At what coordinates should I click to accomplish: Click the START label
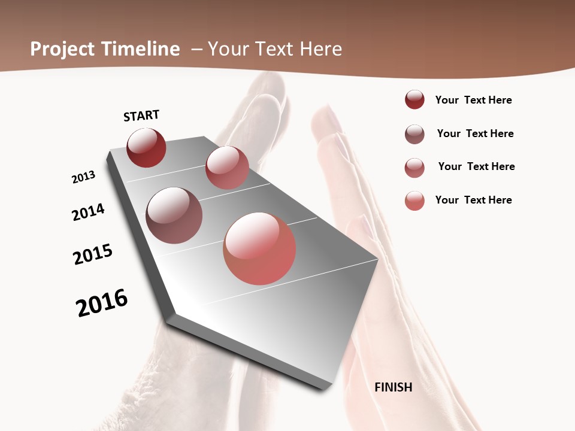coord(141,116)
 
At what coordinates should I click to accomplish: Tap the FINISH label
coord(393,387)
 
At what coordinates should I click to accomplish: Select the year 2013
coord(83,177)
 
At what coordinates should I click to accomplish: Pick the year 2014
coord(88,212)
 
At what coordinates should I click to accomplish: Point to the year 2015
coord(93,254)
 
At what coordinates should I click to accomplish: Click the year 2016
coord(102,303)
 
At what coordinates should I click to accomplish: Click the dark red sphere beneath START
coord(146,148)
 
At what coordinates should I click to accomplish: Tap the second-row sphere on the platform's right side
coord(227,168)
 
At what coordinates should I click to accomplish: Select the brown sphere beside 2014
coord(174,215)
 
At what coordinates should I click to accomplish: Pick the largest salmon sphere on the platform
coord(259,248)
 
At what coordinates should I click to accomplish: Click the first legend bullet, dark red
coord(414,100)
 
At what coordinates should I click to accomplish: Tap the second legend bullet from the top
coord(414,134)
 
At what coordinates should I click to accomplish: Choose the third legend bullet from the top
coord(414,168)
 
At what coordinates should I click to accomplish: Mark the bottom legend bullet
coord(414,201)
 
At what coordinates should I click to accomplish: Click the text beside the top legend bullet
coord(473,100)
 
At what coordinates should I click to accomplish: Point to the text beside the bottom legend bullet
coord(473,200)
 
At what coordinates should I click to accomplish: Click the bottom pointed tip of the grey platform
coord(324,387)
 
